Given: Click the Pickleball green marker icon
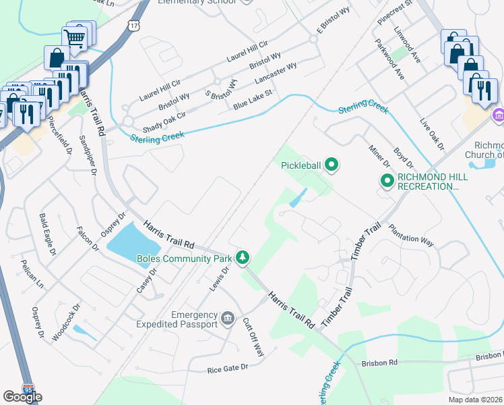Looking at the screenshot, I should coord(331,164).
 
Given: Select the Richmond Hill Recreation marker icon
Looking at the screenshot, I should coord(387,181).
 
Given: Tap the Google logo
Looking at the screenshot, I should coord(22,398).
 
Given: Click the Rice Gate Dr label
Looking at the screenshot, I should coord(228,369).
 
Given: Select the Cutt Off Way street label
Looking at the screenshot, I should coord(253,337).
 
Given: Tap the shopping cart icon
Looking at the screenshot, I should coord(76,37).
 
